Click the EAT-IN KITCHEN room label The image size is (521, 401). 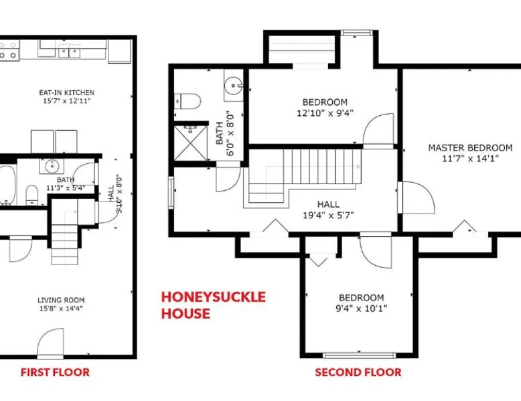click(67, 92)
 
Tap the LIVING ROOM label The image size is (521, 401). click(61, 301)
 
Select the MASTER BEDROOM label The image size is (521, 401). click(470, 148)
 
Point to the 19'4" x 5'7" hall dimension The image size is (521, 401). click(328, 216)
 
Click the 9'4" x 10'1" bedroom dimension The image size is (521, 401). click(362, 309)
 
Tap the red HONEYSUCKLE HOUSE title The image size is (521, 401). click(214, 305)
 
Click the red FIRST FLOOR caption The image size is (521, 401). click(55, 372)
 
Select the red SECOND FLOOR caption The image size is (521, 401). click(358, 372)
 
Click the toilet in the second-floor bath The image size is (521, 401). click(188, 101)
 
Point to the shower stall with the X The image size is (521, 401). click(190, 143)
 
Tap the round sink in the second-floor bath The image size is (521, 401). click(233, 86)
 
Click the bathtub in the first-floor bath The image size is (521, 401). click(7, 185)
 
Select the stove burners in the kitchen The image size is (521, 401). click(9, 50)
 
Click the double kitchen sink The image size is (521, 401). click(69, 52)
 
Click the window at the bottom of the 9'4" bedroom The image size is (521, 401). click(360, 355)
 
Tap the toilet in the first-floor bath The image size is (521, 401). click(32, 195)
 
